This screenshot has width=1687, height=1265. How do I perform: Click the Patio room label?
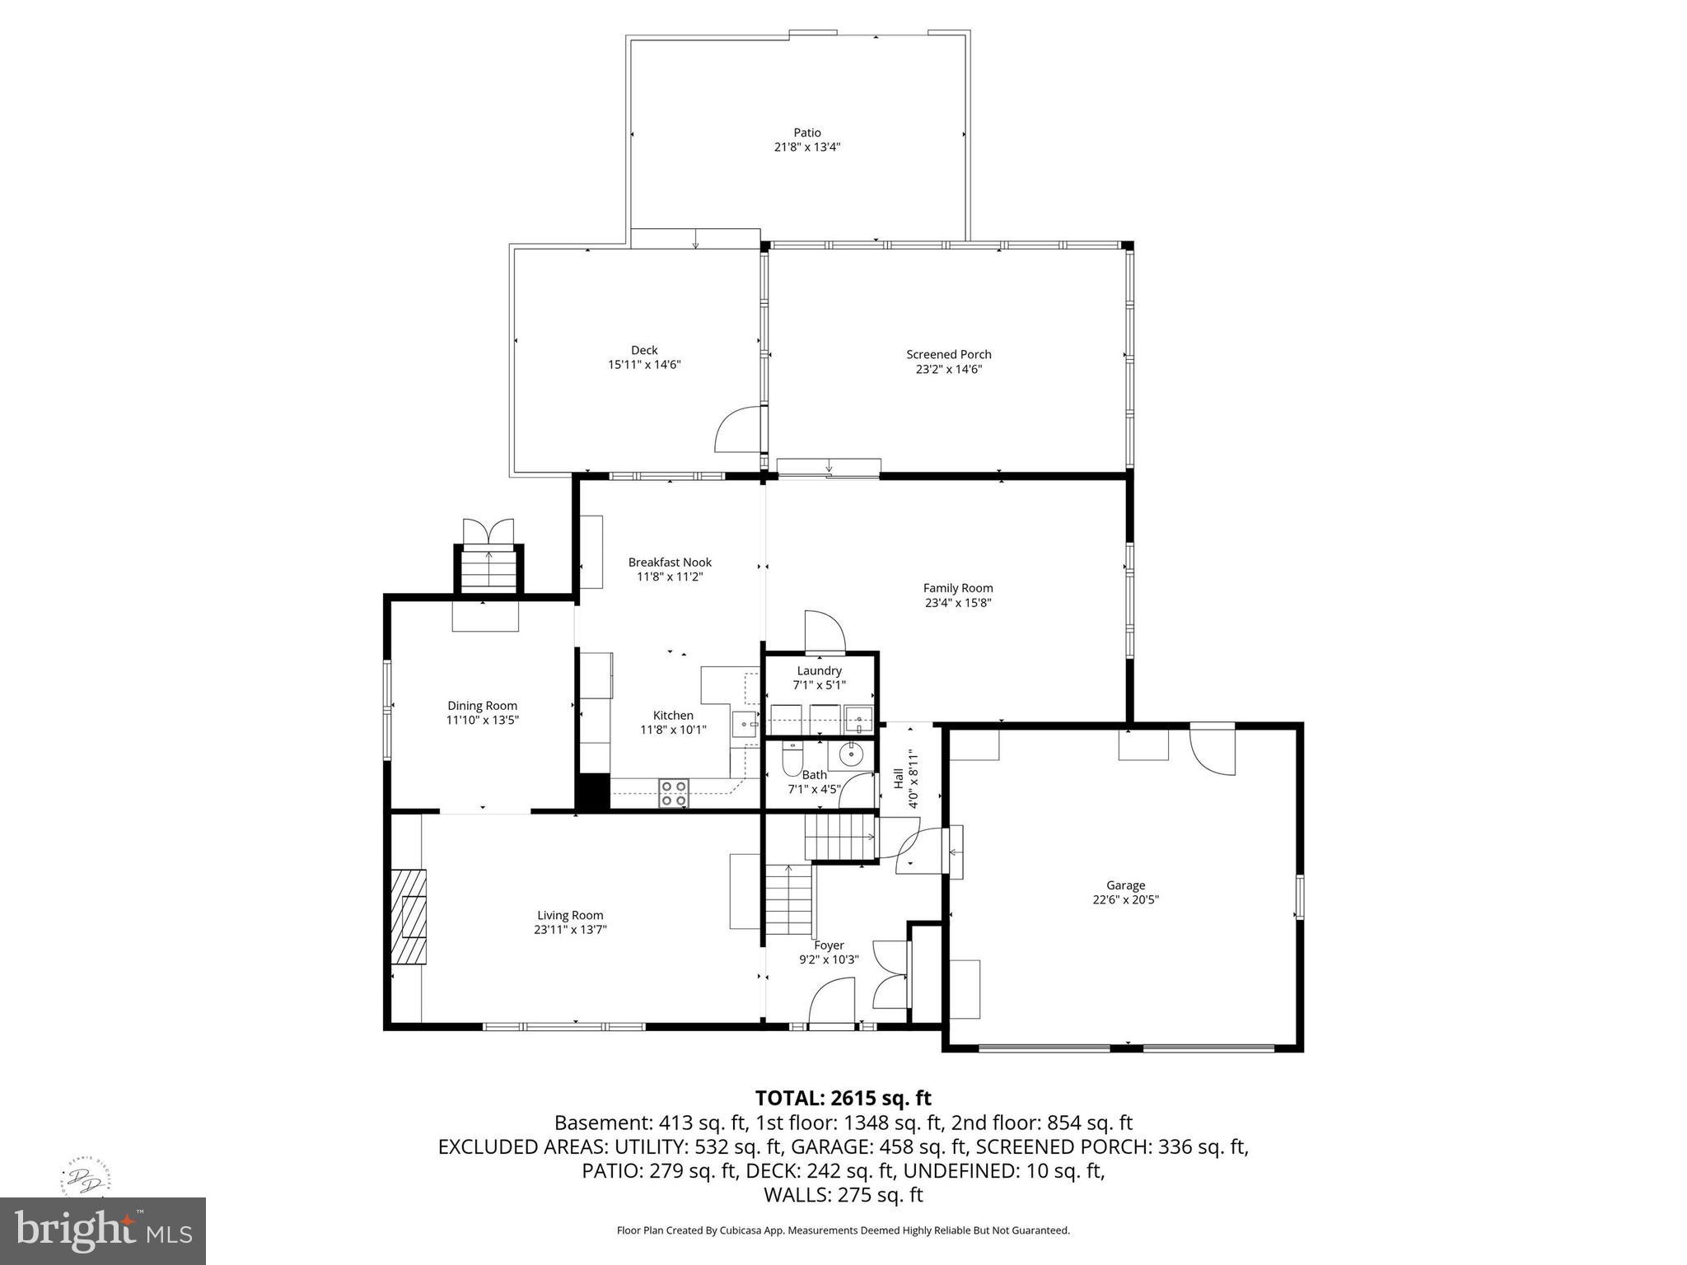point(806,133)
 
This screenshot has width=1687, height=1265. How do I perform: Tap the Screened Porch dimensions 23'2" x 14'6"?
point(948,370)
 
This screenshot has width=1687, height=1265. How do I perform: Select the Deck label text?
point(644,350)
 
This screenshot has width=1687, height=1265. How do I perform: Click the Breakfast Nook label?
point(670,562)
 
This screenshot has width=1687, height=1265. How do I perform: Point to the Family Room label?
point(957,588)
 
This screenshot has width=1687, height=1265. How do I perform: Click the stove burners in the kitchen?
point(673,793)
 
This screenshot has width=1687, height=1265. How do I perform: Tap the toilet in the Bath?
point(791,759)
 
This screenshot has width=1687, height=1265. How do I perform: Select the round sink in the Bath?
point(850,753)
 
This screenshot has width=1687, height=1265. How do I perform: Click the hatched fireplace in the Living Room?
point(409,916)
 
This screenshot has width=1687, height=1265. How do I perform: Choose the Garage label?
point(1125,885)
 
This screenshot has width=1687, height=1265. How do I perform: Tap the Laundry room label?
point(819,670)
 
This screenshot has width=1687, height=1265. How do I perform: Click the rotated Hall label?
point(898,779)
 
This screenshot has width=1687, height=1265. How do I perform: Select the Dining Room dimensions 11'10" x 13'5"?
point(482,720)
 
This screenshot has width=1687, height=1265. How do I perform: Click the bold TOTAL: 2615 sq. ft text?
point(843,1098)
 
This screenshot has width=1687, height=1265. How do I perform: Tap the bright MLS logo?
point(102,1230)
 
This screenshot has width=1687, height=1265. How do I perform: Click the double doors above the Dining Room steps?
point(488,530)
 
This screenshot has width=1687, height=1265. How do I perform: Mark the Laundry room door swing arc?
point(825,630)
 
